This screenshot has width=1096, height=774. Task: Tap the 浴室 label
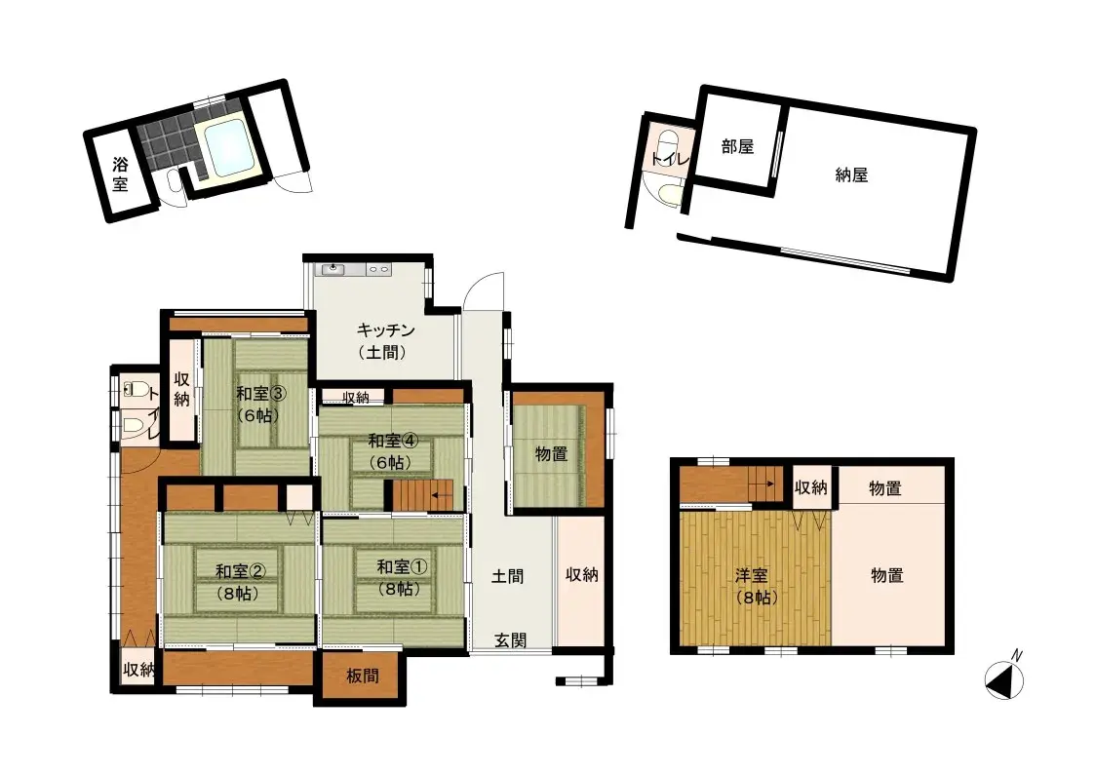120,174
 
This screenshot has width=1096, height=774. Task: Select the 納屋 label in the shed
851,175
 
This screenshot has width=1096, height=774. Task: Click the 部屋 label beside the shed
737,146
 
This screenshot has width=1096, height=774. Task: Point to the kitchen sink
333,269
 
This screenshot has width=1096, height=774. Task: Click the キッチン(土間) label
385,340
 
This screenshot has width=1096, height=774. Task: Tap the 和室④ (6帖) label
393,451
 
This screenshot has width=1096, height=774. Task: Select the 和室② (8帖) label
241,582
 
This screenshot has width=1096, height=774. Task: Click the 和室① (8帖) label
402,577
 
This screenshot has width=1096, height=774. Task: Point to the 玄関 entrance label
510,639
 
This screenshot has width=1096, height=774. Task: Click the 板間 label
363,676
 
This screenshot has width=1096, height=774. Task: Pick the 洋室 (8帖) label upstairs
757,586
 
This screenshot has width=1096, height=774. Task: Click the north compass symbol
1004,680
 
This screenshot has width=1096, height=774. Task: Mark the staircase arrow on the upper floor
764,483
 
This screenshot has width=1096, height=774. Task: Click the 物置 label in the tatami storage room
552,454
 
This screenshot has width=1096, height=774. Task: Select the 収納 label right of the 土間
582,574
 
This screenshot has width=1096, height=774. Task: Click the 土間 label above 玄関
507,576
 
